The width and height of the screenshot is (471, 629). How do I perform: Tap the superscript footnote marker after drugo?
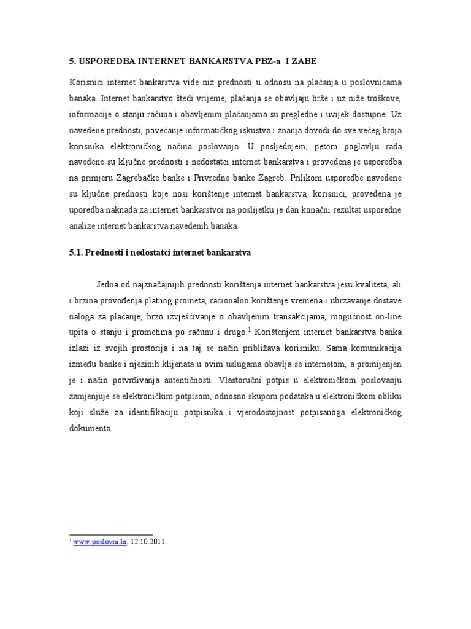click(x=250, y=330)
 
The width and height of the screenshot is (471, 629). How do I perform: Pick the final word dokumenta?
click(x=90, y=428)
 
